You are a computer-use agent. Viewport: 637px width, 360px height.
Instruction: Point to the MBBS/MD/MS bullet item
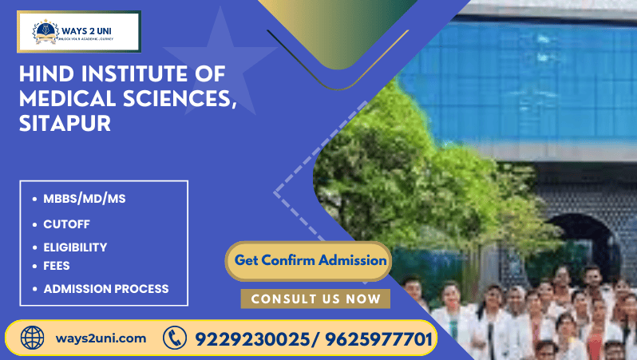coord(84,199)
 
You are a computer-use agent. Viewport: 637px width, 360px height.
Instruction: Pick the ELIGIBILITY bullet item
coord(75,247)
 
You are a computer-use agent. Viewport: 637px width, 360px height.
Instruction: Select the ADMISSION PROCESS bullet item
coord(105,288)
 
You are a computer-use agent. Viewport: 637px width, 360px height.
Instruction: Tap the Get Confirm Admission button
coord(311,260)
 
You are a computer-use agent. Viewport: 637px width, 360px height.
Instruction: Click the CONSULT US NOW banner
coord(315,299)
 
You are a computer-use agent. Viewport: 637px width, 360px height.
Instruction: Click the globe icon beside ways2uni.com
coord(33,338)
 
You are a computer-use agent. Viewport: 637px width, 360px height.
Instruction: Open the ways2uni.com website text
coord(101,338)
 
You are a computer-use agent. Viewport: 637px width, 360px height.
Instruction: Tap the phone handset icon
coord(175,338)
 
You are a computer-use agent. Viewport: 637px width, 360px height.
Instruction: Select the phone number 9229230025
coord(250,338)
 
